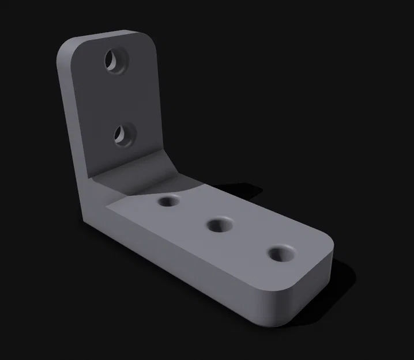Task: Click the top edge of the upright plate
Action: click(110, 34)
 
